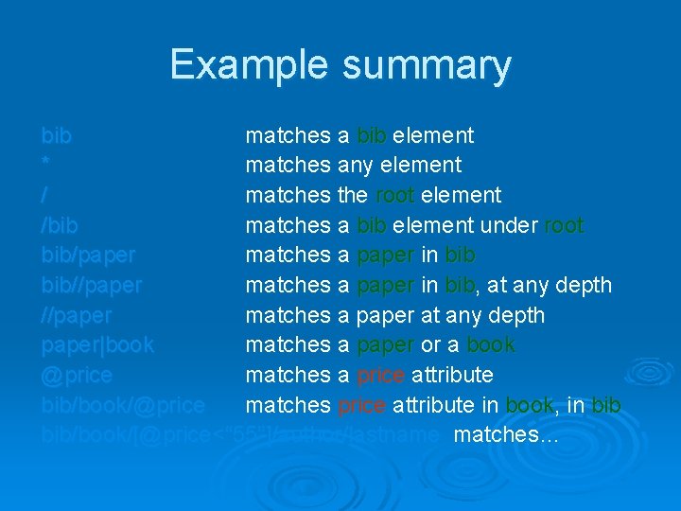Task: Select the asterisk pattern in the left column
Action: [45, 165]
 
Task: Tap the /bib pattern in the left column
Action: [60, 225]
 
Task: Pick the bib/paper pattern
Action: [88, 255]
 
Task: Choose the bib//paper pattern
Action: [92, 285]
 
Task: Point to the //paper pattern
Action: [77, 315]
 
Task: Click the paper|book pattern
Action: [97, 344]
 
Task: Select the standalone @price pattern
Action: [77, 375]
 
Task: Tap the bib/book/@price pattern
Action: [123, 405]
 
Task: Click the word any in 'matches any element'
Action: [357, 165]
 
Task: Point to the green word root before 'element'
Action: [394, 195]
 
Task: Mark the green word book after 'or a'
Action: [491, 344]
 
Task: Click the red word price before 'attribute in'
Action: [361, 405]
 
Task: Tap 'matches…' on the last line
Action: [507, 435]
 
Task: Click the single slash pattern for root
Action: [44, 195]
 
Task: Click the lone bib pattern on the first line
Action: [56, 135]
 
